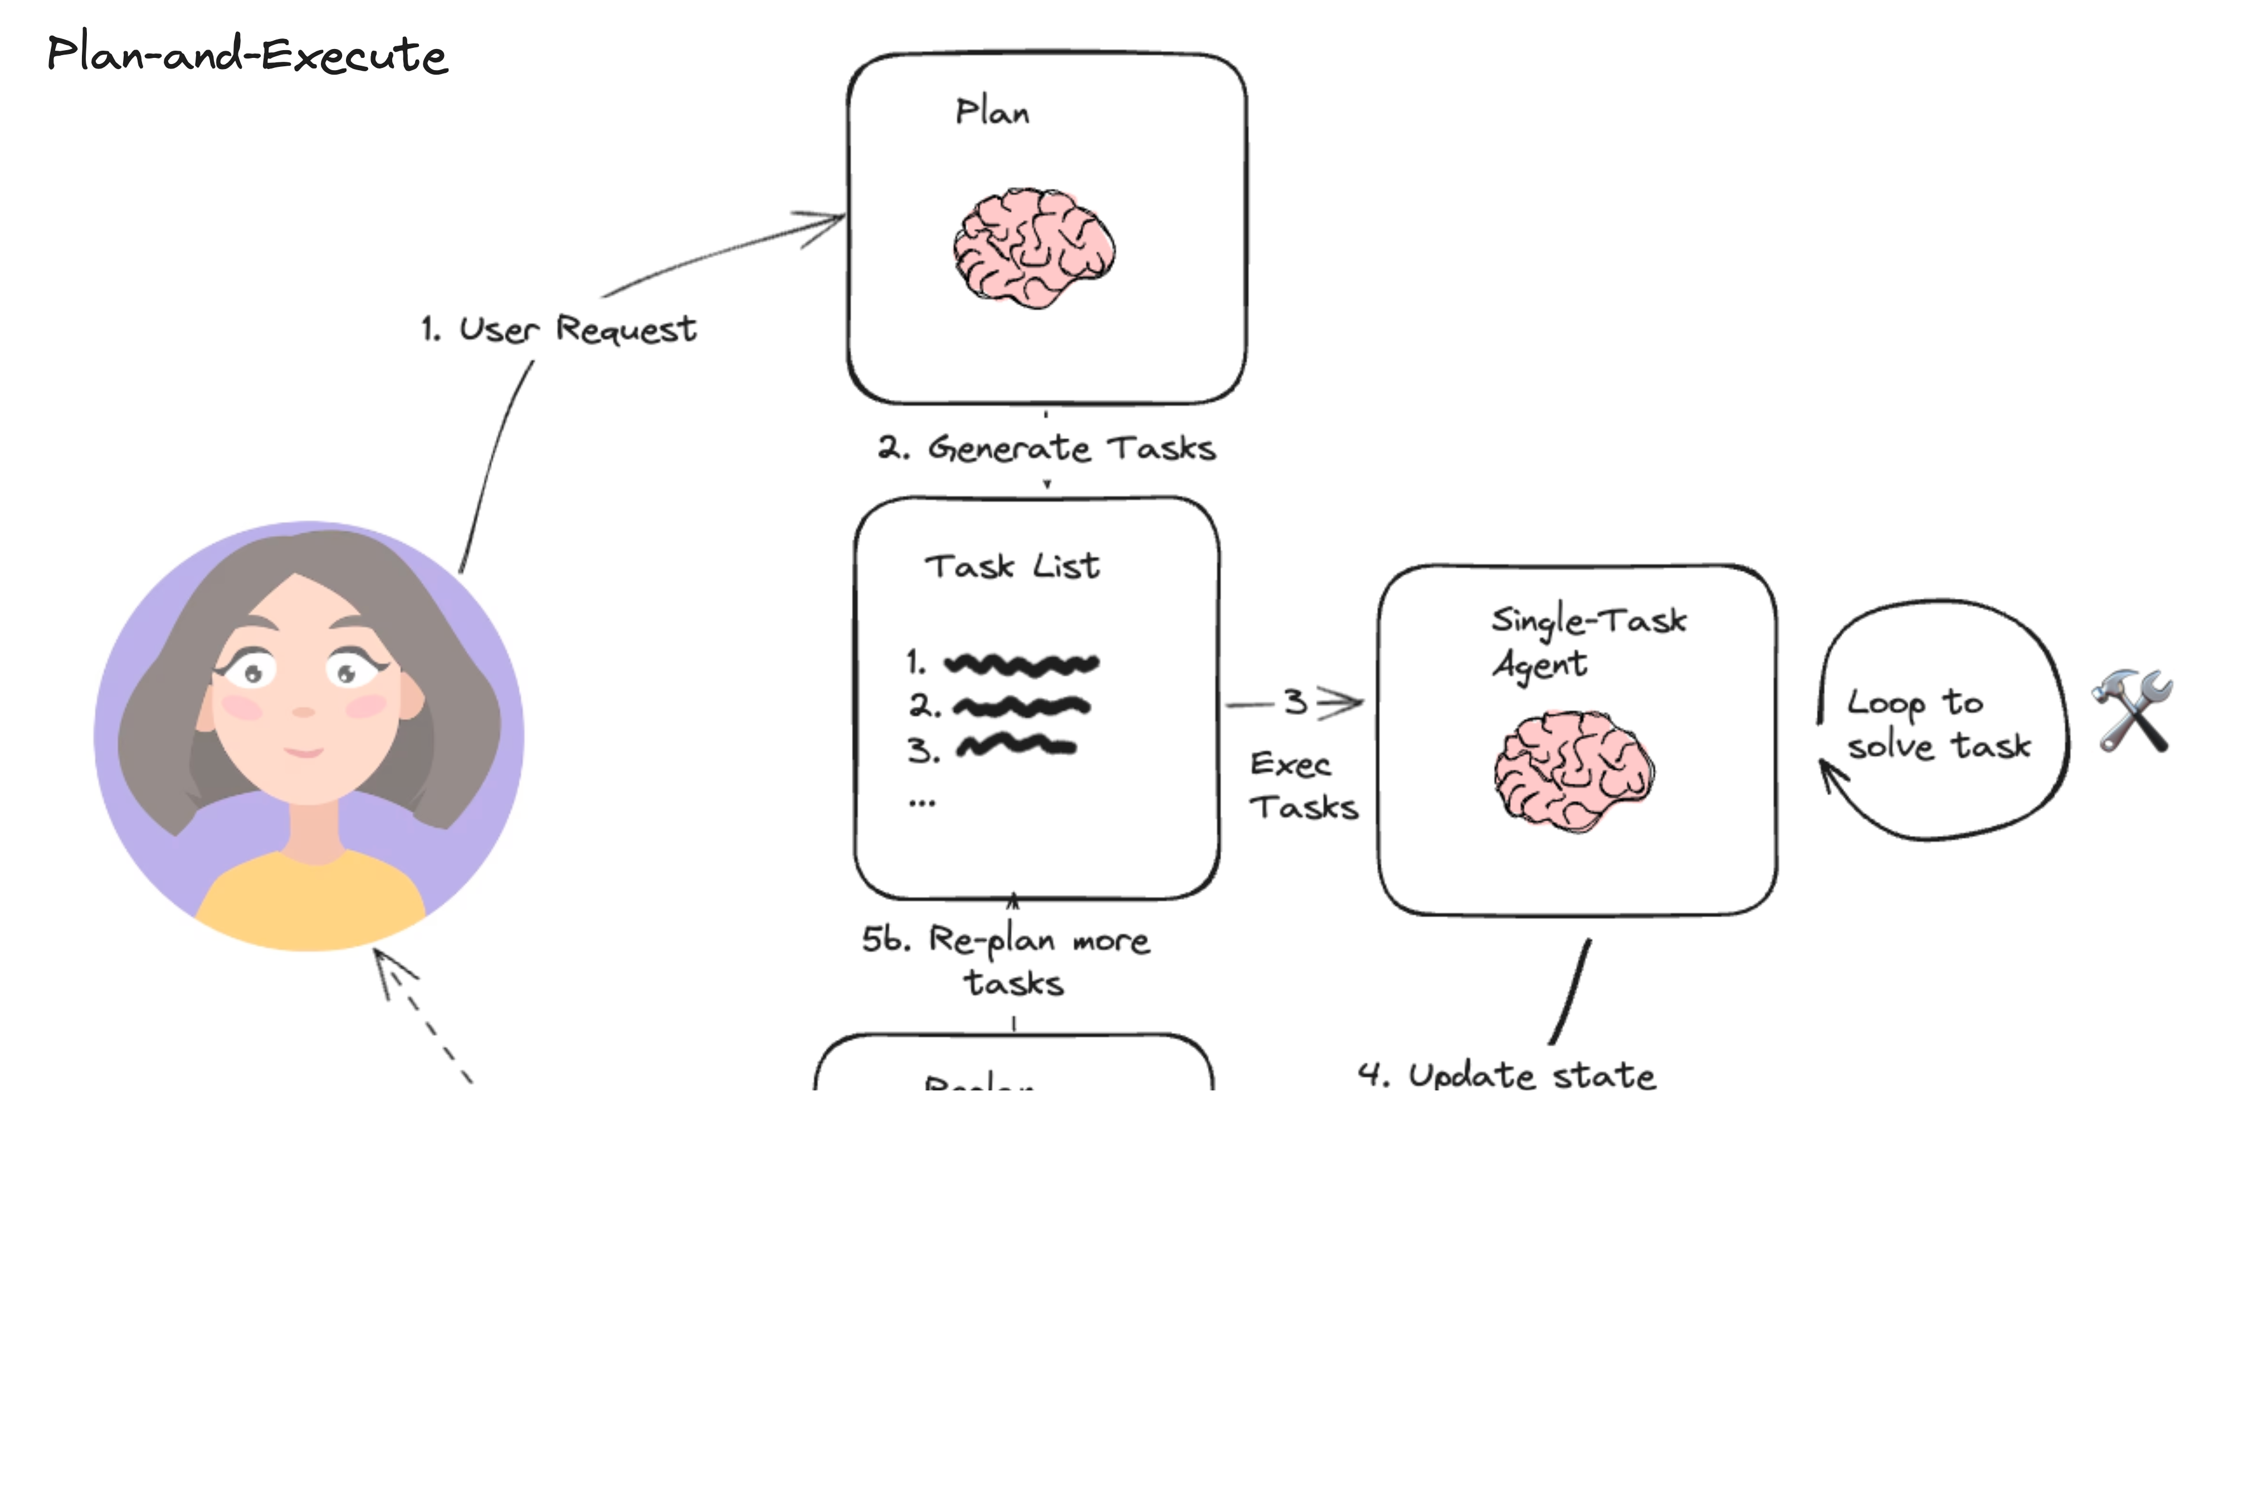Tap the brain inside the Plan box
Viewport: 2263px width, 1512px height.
coord(1033,248)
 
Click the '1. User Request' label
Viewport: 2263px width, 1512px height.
coord(559,329)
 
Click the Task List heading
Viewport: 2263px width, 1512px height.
coord(1012,566)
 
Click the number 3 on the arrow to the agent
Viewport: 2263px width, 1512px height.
coord(1295,702)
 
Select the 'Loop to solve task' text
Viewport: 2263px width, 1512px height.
coord(1938,724)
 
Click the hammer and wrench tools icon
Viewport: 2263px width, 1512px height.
coord(2133,711)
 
